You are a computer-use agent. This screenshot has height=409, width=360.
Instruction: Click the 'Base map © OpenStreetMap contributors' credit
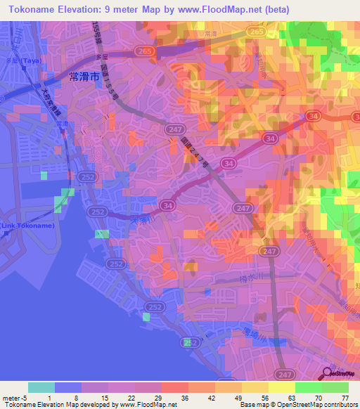[297, 405]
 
